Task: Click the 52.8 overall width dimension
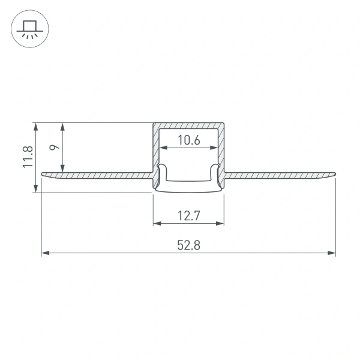pyautogui.click(x=188, y=245)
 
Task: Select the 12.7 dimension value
pyautogui.click(x=188, y=214)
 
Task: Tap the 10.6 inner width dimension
pyautogui.click(x=188, y=141)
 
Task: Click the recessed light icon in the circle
pyautogui.click(x=28, y=28)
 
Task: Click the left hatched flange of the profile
pyautogui.click(x=96, y=175)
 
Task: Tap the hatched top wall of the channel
pyautogui.click(x=188, y=125)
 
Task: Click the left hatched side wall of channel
pyautogui.click(x=155, y=150)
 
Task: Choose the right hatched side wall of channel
pyautogui.click(x=221, y=150)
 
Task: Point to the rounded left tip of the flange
pyautogui.click(x=43, y=175)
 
